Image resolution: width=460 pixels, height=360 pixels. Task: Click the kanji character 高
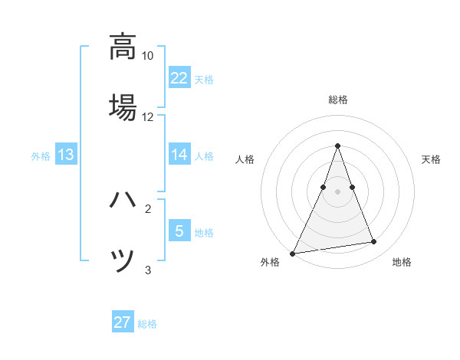(123, 47)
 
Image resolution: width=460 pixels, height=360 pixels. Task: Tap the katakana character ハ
(123, 201)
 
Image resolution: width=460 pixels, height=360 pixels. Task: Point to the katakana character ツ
(123, 260)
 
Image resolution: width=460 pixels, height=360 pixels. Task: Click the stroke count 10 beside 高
(148, 56)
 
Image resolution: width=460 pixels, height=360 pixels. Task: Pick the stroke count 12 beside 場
(148, 117)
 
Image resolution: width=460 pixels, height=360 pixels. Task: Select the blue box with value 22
(179, 77)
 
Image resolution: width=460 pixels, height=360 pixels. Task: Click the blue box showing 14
(179, 155)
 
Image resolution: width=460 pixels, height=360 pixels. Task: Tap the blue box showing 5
(179, 231)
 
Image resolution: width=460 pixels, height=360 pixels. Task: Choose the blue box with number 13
(66, 155)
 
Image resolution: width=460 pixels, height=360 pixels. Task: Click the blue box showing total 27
(123, 322)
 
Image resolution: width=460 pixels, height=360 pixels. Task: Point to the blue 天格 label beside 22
(204, 79)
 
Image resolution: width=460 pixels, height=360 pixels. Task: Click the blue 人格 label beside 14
(204, 155)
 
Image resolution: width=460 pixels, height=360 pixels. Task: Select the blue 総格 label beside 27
(147, 324)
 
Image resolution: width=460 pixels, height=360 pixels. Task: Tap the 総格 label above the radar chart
(337, 100)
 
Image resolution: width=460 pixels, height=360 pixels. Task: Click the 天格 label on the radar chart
(431, 159)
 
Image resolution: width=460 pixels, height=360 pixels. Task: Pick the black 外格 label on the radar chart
(270, 263)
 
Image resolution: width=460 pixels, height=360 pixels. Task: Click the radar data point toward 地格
(374, 242)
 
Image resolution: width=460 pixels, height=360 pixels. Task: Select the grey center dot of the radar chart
(337, 191)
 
